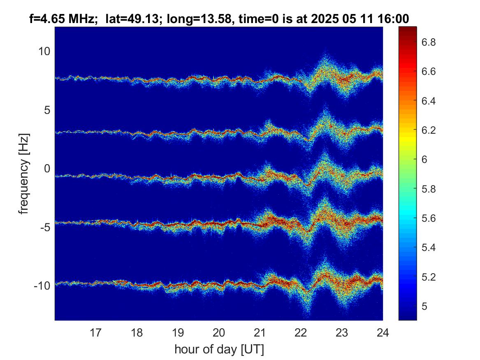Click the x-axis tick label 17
(x=95, y=332)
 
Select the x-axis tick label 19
(x=178, y=332)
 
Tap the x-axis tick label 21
(x=260, y=332)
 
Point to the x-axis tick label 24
(x=383, y=332)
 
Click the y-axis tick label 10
(x=44, y=51)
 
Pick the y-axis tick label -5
(x=45, y=228)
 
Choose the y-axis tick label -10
(x=42, y=286)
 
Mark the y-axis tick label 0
(x=47, y=168)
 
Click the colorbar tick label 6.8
(x=429, y=42)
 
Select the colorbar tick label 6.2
(x=429, y=130)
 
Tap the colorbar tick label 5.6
(x=429, y=218)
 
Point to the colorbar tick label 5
(x=424, y=307)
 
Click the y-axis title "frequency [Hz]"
(x=24, y=174)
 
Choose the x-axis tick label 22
(x=301, y=332)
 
